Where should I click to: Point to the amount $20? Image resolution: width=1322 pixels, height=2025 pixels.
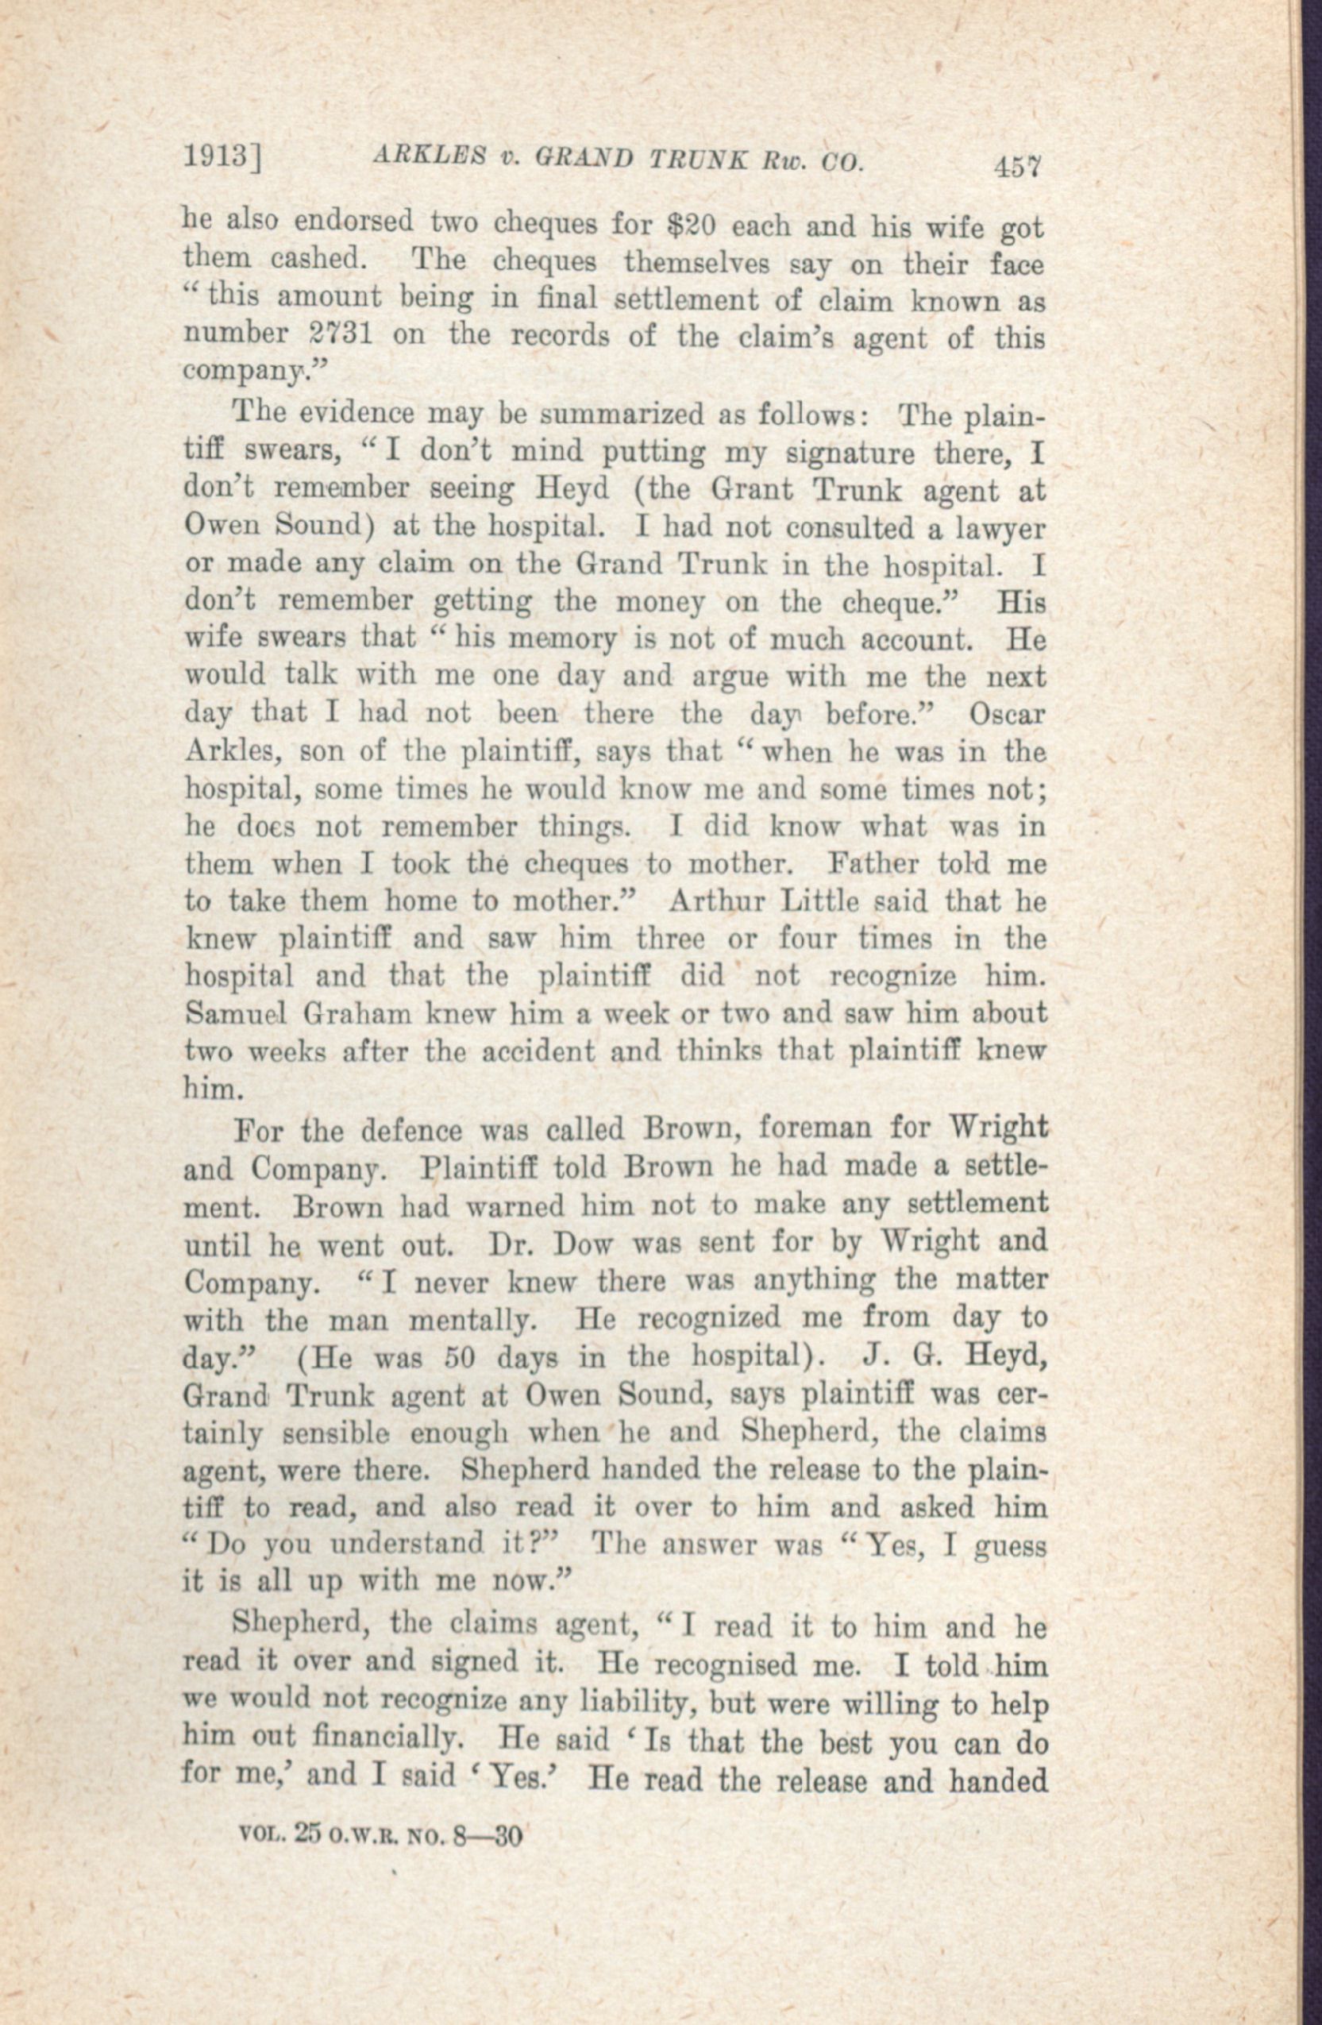[x=694, y=226]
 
